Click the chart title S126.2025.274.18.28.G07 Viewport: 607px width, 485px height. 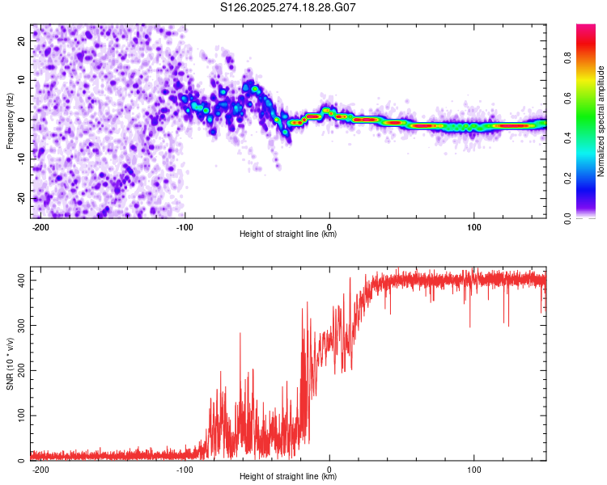(x=288, y=7)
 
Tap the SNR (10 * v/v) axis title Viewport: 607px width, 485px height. (x=10, y=365)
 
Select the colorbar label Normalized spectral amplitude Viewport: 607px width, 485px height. (x=601, y=121)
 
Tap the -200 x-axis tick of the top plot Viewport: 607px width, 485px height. (x=40, y=226)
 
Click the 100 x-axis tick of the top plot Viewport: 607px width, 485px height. (x=473, y=226)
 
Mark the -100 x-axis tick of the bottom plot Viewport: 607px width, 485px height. (x=185, y=468)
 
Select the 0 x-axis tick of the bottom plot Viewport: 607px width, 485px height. (x=329, y=468)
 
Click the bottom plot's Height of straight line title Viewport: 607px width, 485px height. (x=288, y=477)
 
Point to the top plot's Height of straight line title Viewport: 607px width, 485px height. (x=288, y=234)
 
